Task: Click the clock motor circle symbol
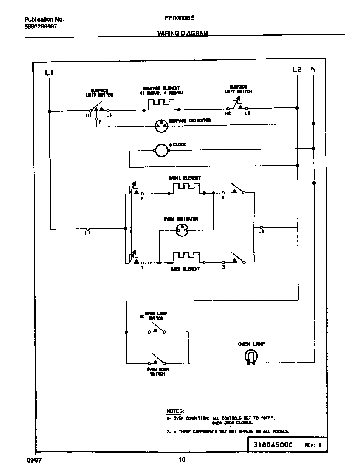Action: [161, 150]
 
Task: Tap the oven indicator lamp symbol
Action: [181, 230]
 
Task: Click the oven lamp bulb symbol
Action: [250, 357]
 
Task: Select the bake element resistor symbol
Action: [186, 257]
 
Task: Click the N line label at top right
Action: [313, 69]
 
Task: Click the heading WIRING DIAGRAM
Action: [183, 33]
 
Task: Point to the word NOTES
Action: [175, 411]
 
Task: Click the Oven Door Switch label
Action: [157, 372]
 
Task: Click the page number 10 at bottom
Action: [182, 459]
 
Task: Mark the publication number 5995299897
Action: [41, 26]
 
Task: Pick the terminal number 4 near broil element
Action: [223, 198]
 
